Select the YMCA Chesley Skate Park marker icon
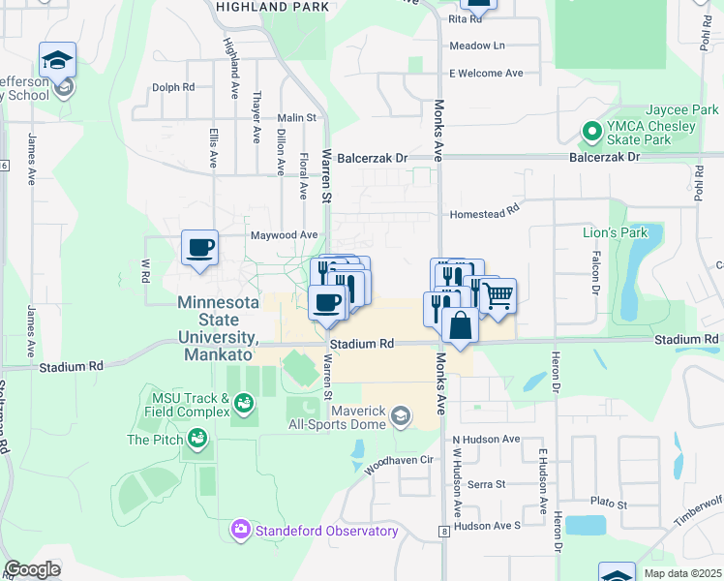tap(589, 130)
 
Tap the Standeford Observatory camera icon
tap(239, 530)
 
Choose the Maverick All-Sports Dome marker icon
tap(399, 417)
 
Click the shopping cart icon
tap(498, 297)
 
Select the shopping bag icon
tap(461, 326)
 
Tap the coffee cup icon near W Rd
tap(200, 248)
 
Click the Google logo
tap(32, 569)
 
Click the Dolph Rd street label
tap(173, 87)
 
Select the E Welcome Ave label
tap(486, 73)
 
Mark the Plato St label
tap(609, 505)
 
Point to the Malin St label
tap(297, 117)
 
